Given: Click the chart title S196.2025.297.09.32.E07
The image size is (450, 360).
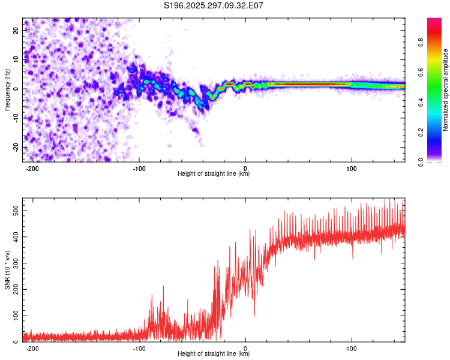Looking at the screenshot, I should coord(214,6).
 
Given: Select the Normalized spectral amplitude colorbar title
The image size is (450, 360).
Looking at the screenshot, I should coord(446,90).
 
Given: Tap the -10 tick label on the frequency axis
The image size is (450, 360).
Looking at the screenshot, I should coord(15,118).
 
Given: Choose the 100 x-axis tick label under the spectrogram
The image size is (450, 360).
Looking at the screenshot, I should coord(351,168).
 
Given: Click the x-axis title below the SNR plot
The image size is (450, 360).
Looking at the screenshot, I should coord(214,354).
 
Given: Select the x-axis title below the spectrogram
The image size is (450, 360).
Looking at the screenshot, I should coord(214,174).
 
